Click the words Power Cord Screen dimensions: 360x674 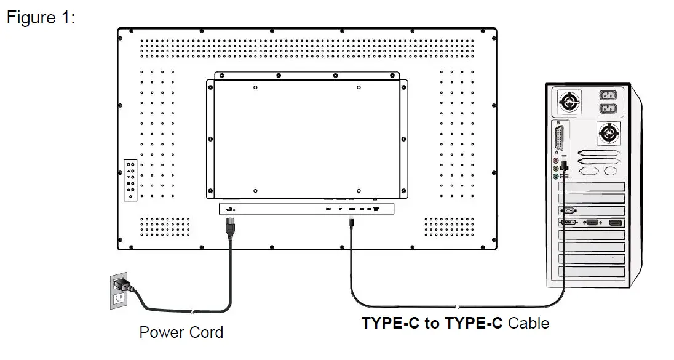[181, 333]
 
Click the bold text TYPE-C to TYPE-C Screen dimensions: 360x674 [433, 322]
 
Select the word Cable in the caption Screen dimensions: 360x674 [529, 322]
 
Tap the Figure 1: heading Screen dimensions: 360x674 [41, 18]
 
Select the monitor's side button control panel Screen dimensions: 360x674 [130, 178]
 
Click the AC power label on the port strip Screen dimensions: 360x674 [231, 209]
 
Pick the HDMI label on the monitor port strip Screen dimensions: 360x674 [328, 209]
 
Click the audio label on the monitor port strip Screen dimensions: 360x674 [376, 209]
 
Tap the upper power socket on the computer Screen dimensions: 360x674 [608, 97]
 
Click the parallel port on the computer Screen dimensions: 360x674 [560, 135]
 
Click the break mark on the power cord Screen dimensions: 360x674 [195, 311]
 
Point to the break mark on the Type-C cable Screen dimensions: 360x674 [456, 306]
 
